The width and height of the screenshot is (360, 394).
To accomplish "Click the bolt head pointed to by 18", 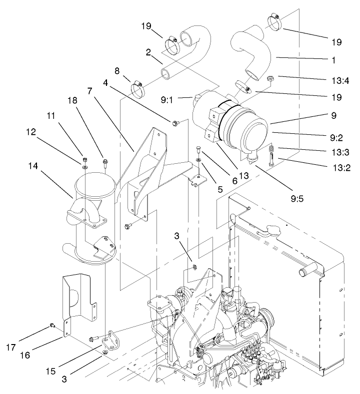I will (105, 161).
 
